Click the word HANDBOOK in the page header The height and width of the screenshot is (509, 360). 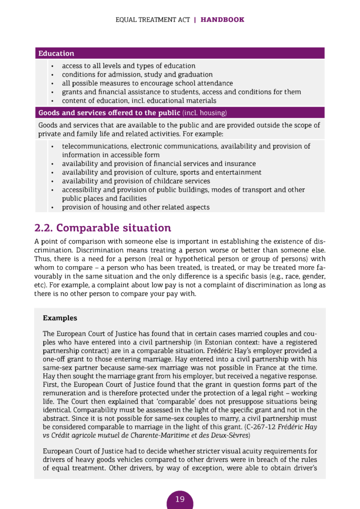222,20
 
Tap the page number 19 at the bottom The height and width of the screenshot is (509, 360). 180,499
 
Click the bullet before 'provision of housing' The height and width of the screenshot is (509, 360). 52,207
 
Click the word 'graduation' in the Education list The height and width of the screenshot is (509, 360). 195,75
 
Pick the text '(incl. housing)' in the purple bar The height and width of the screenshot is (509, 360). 204,113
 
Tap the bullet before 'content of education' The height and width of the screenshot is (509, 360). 52,101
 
